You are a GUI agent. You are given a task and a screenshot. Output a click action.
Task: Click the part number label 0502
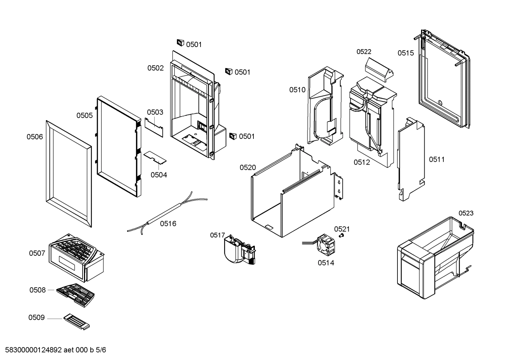(x=155, y=68)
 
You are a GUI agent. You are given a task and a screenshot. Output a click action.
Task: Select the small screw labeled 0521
(x=341, y=236)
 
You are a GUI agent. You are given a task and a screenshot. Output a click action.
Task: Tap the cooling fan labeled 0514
(x=326, y=244)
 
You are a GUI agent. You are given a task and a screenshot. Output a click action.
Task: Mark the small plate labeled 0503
(x=154, y=126)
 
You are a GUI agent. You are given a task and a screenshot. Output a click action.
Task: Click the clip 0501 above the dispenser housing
(x=180, y=43)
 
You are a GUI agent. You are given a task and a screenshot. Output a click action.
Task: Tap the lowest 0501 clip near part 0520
(x=232, y=136)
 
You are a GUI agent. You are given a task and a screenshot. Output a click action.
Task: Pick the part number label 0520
(x=248, y=167)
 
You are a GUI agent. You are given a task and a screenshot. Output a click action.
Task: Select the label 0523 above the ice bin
(x=466, y=213)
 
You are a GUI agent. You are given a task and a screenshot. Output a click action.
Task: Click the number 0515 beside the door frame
(x=406, y=53)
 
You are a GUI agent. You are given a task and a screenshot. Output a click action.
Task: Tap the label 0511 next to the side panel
(x=437, y=159)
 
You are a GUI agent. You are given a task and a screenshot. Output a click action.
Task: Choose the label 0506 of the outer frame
(x=35, y=137)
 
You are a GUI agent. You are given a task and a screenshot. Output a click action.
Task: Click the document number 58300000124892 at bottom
(x=34, y=350)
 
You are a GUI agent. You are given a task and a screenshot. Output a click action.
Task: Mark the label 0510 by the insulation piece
(x=297, y=90)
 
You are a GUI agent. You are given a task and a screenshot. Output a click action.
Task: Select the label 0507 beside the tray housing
(x=37, y=253)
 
